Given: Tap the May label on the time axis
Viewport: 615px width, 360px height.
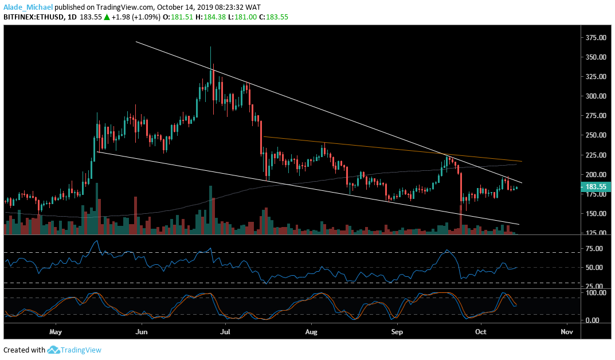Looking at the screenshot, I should [x=55, y=332].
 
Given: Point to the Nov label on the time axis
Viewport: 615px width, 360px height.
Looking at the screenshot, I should [x=567, y=332].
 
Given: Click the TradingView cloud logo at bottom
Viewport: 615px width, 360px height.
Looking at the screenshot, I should [x=54, y=350].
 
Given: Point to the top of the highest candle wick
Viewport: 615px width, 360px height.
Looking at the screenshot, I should [x=210, y=47].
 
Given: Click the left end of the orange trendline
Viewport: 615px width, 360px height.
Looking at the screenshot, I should [x=263, y=136].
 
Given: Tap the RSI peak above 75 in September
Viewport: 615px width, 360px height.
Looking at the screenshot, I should [x=446, y=250].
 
